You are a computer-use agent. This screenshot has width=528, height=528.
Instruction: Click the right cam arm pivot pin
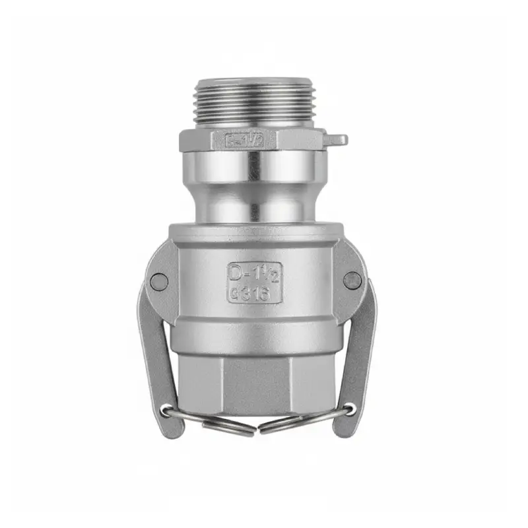click(353, 280)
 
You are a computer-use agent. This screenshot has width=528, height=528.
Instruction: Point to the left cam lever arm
click(153, 350)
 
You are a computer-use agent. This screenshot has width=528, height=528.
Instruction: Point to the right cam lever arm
click(360, 350)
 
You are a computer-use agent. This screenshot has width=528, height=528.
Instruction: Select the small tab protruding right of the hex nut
click(337, 140)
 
